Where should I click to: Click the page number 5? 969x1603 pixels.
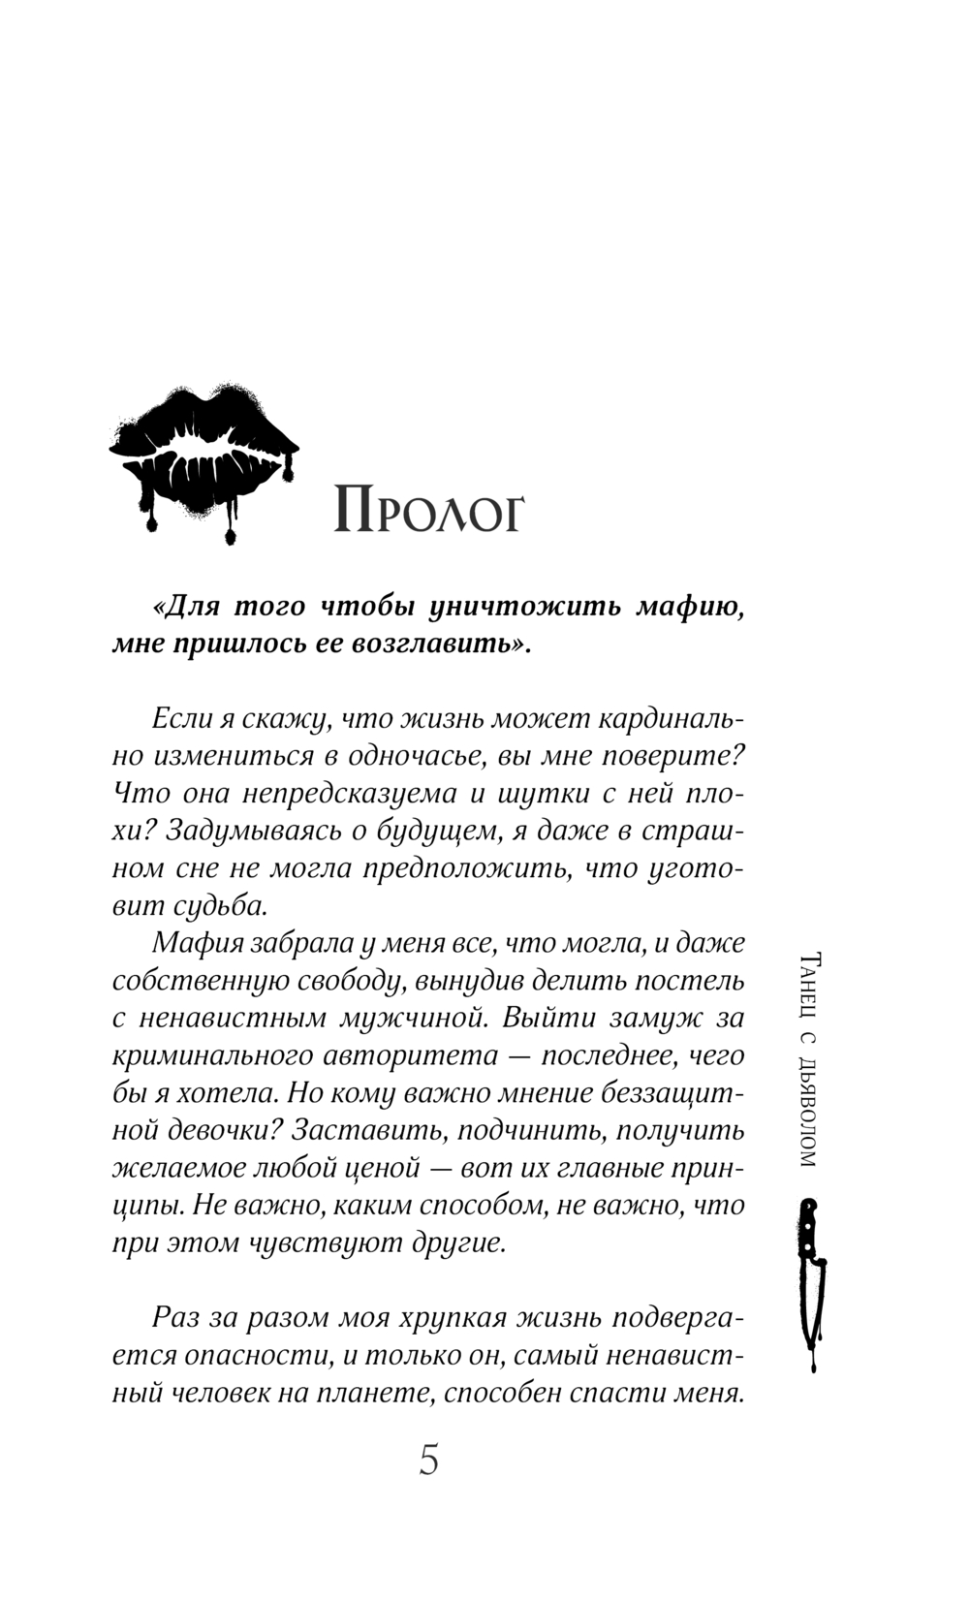(429, 1459)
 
